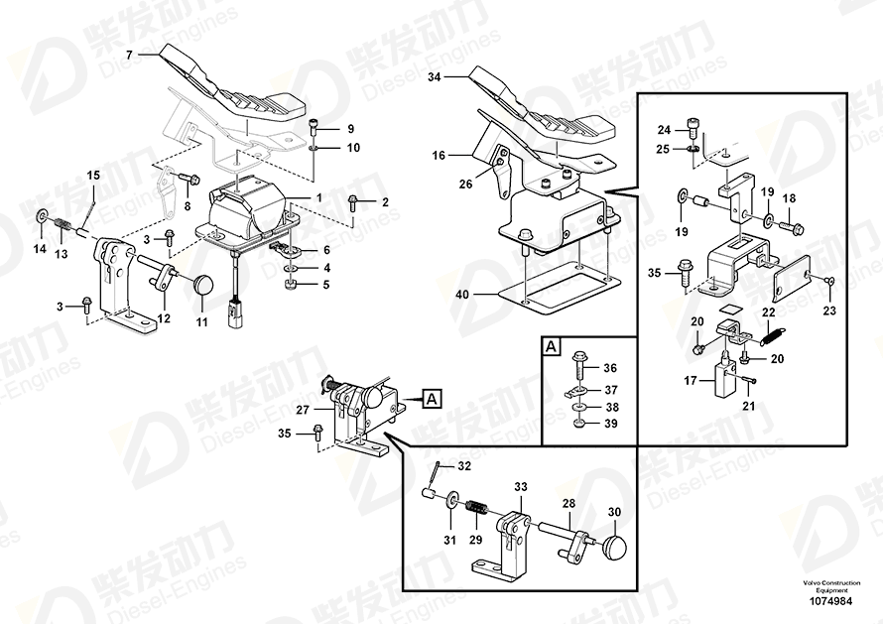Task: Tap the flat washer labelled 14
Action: pyautogui.click(x=42, y=217)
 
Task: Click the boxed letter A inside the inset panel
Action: pyautogui.click(x=551, y=347)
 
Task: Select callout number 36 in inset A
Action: pyautogui.click(x=610, y=368)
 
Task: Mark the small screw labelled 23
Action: pyautogui.click(x=829, y=282)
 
